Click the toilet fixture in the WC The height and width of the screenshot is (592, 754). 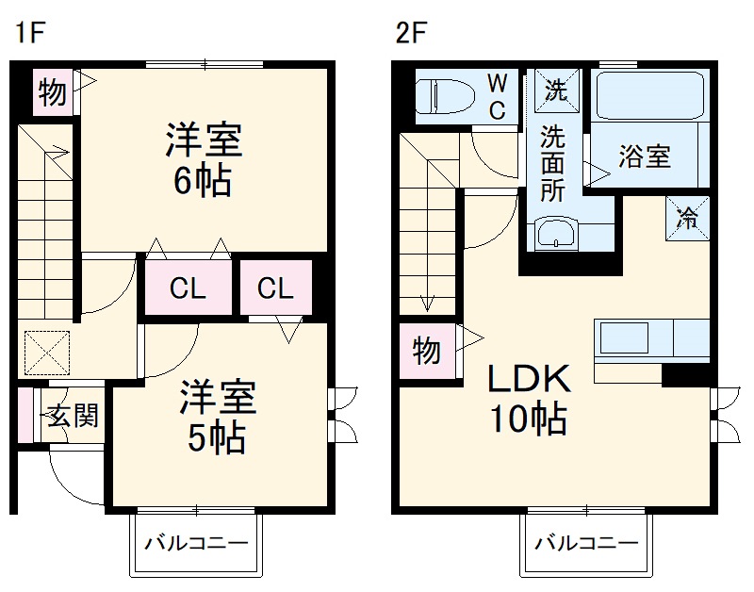(448, 95)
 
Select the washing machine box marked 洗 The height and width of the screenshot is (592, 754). (557, 90)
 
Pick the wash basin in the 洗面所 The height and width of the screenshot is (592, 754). (556, 233)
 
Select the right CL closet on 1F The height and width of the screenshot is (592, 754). (275, 288)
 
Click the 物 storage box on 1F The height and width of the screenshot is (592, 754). (52, 92)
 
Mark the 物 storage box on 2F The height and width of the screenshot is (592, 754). (427, 352)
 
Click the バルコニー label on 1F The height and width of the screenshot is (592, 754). (195, 544)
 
